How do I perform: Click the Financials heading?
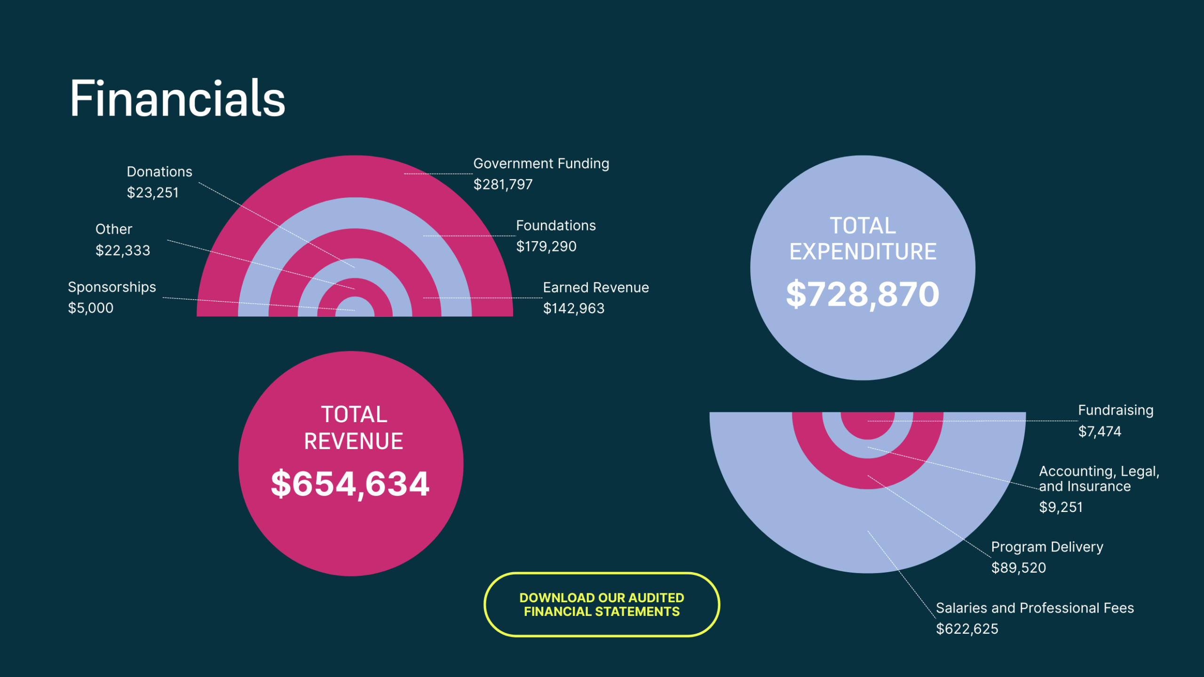tap(177, 99)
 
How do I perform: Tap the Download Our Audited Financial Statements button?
tap(602, 605)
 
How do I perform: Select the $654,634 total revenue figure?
tap(350, 484)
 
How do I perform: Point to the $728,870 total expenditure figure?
tap(863, 294)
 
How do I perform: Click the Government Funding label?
tap(541, 164)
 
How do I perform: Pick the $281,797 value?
tap(503, 184)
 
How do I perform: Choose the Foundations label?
tap(555, 226)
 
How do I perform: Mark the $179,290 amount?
tap(546, 246)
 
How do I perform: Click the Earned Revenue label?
tap(595, 288)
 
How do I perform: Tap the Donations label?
tap(159, 172)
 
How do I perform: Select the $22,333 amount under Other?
tap(123, 251)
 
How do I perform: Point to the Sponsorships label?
tap(112, 287)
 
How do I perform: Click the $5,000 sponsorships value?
tap(91, 308)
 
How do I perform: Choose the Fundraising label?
tap(1116, 410)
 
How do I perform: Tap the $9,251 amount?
tap(1061, 507)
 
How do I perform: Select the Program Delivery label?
tap(1047, 547)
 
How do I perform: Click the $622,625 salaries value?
tap(967, 629)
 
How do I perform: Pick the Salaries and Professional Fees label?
tap(1035, 608)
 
